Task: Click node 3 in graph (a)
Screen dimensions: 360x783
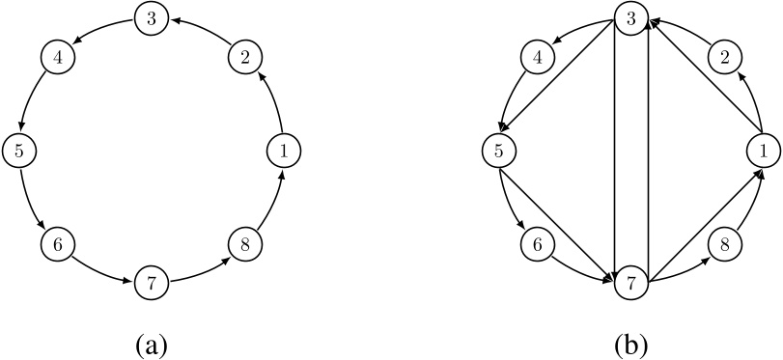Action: [150, 17]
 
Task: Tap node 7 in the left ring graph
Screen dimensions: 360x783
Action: [150, 282]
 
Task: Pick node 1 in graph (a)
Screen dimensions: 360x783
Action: [282, 150]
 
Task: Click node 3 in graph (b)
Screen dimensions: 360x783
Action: [631, 17]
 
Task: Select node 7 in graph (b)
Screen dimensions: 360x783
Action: [631, 282]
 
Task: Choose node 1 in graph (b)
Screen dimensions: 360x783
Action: [763, 150]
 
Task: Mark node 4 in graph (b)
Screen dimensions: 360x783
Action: [538, 57]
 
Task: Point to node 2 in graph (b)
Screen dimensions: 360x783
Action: [725, 57]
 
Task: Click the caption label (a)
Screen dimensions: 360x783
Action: [150, 343]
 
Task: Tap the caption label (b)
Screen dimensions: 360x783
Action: [631, 343]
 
